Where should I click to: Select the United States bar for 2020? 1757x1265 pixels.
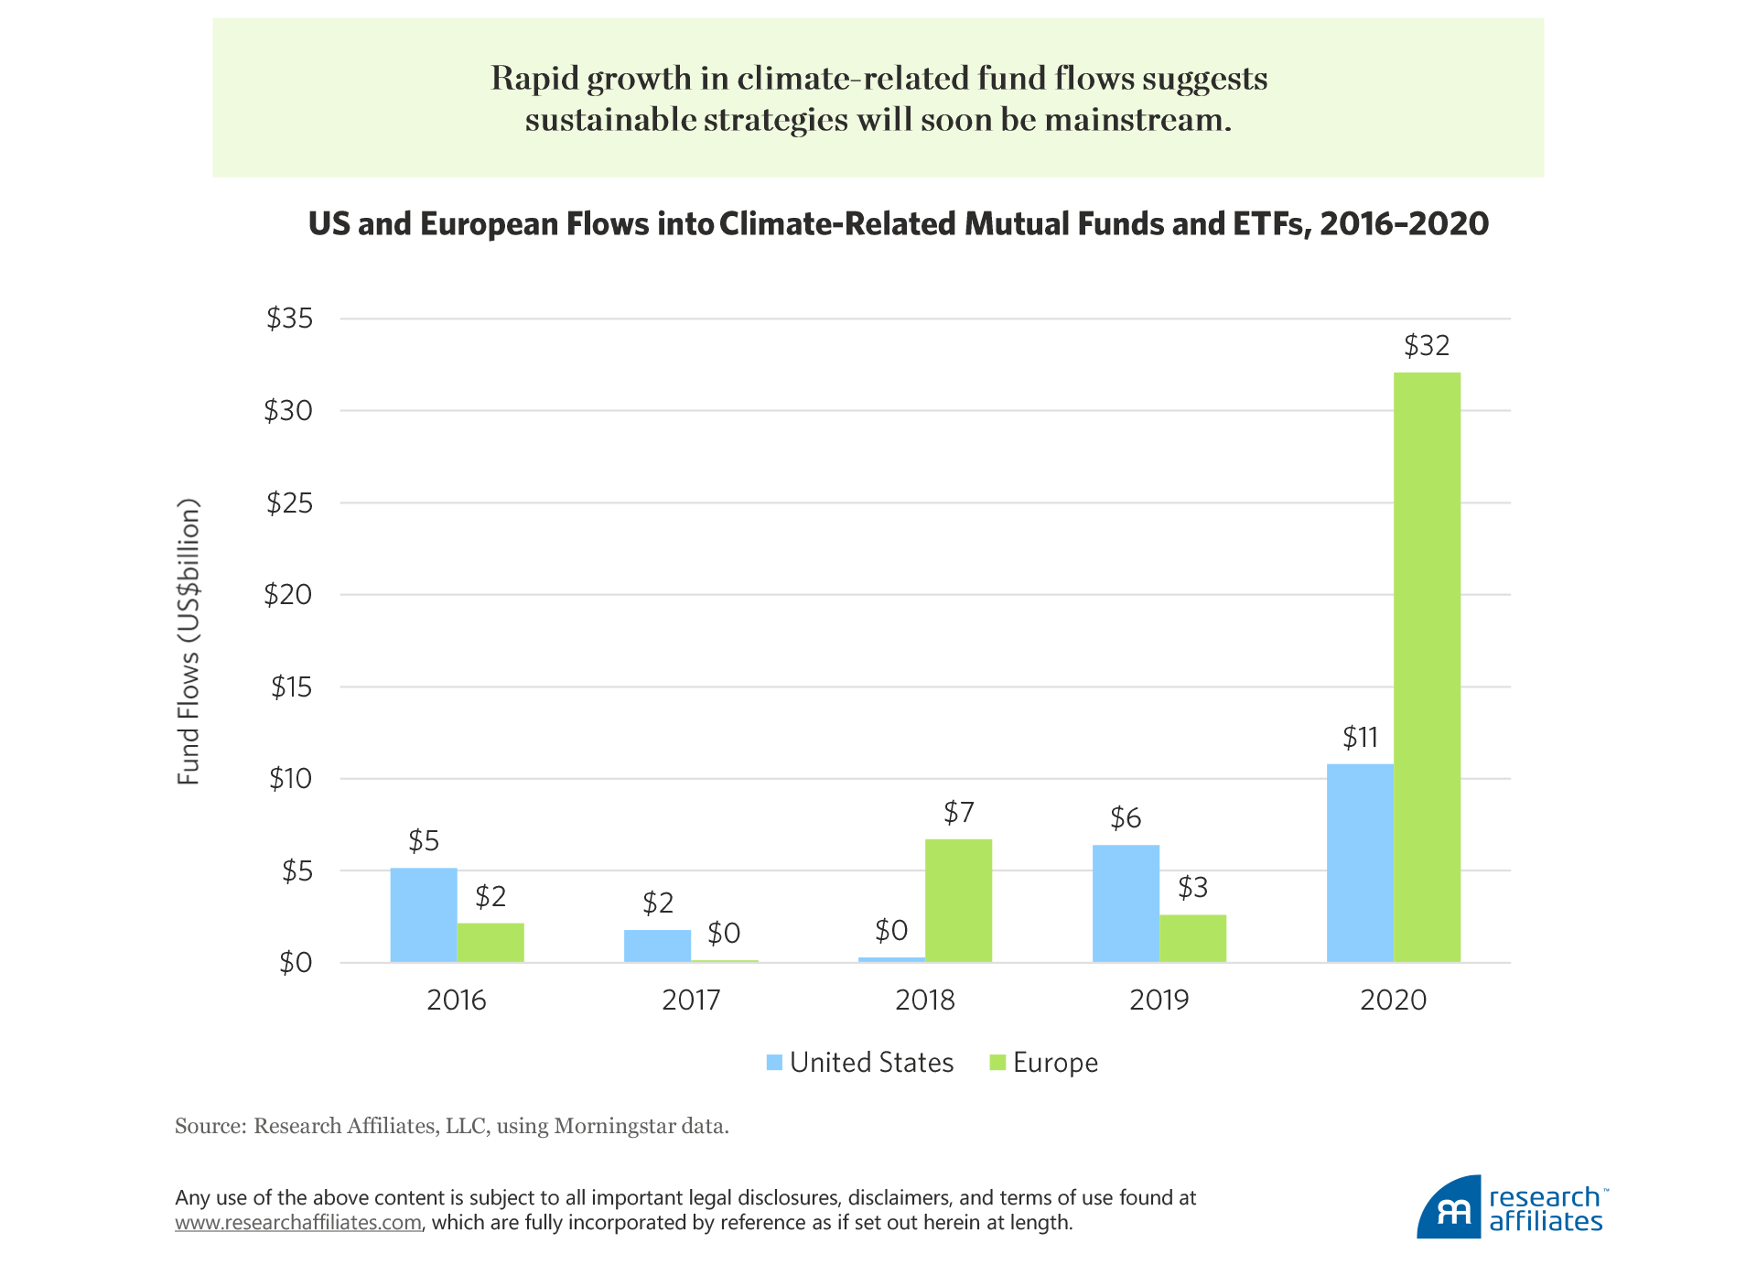[x=1360, y=862]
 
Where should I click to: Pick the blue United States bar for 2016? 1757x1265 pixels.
[x=424, y=914]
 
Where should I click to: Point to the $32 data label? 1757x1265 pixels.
[x=1427, y=346]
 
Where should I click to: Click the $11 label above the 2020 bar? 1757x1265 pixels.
[x=1360, y=738]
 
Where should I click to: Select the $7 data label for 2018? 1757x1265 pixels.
[x=958, y=813]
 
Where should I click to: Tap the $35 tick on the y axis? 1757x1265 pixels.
[x=289, y=319]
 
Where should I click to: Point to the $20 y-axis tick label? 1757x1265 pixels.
[x=288, y=595]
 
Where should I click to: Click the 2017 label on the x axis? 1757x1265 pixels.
[x=691, y=1000]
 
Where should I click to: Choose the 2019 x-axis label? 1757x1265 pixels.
[x=1159, y=1000]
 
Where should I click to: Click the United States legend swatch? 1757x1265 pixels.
[x=775, y=1063]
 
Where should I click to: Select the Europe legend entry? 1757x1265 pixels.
[x=1054, y=1063]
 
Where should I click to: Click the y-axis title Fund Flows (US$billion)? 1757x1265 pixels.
[x=189, y=641]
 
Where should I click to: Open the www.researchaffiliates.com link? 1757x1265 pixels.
[x=298, y=1223]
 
